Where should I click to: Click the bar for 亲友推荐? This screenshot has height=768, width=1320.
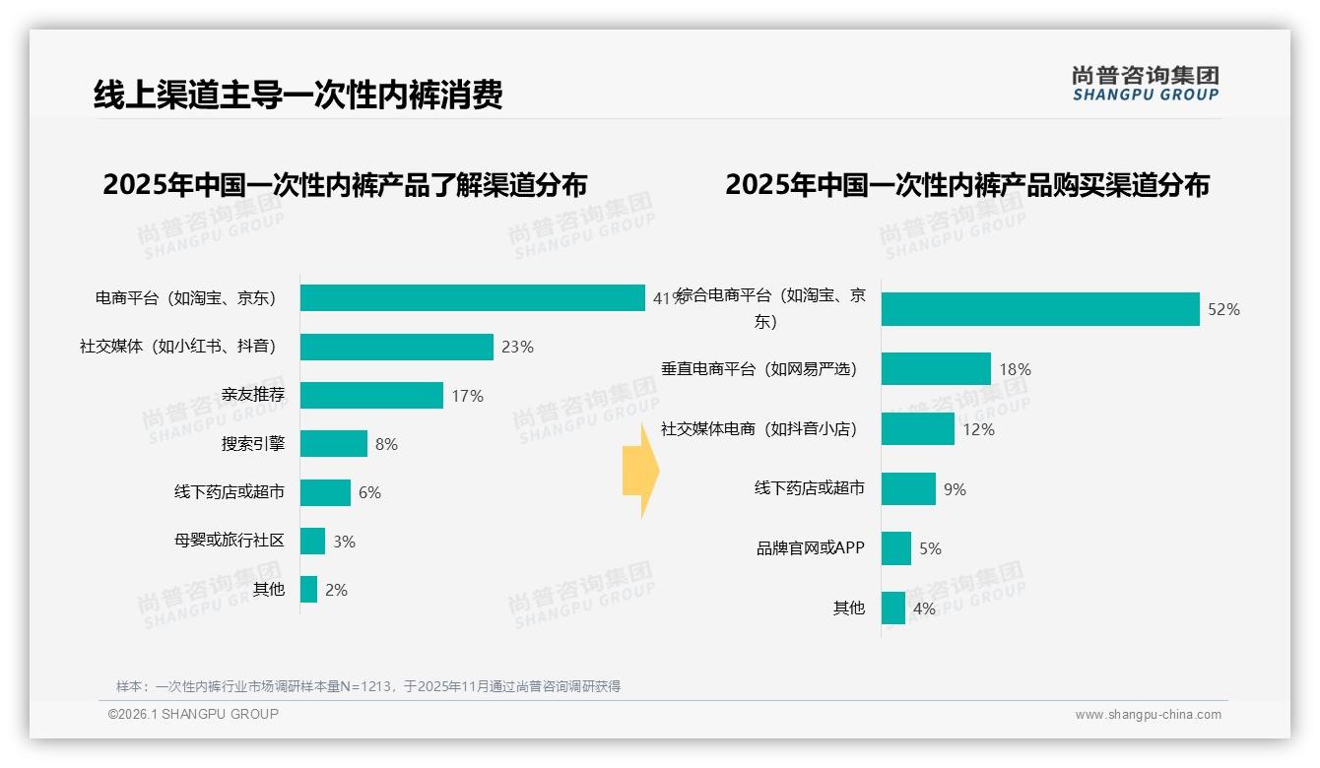pos(371,395)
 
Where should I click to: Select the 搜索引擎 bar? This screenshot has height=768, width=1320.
pos(334,443)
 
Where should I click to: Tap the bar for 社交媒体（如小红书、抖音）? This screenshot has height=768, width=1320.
pos(397,347)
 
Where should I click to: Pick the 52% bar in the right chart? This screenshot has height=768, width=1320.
pos(1040,309)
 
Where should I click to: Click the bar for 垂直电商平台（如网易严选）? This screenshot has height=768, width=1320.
pos(936,369)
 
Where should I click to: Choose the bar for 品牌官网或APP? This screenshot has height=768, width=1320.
pos(896,548)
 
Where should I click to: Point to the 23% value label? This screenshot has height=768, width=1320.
pos(517,347)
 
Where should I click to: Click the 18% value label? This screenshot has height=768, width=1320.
pos(1015,369)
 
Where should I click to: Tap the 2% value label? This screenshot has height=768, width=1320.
pos(336,590)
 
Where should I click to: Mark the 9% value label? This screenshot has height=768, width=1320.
pos(955,489)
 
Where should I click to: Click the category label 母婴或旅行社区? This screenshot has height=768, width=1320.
pos(230,541)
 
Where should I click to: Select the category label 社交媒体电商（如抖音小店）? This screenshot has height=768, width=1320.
pos(759,429)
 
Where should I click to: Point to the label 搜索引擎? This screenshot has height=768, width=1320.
pos(253,444)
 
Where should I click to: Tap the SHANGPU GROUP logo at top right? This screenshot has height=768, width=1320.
pos(1146,84)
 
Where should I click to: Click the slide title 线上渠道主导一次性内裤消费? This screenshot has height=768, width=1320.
pos(298,95)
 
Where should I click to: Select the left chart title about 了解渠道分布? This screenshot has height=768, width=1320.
pos(345,185)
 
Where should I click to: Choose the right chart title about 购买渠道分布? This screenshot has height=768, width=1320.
pos(967,185)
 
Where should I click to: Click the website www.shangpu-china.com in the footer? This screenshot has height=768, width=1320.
pos(1148,715)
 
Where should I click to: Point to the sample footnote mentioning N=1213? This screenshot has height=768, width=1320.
pos(368,686)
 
